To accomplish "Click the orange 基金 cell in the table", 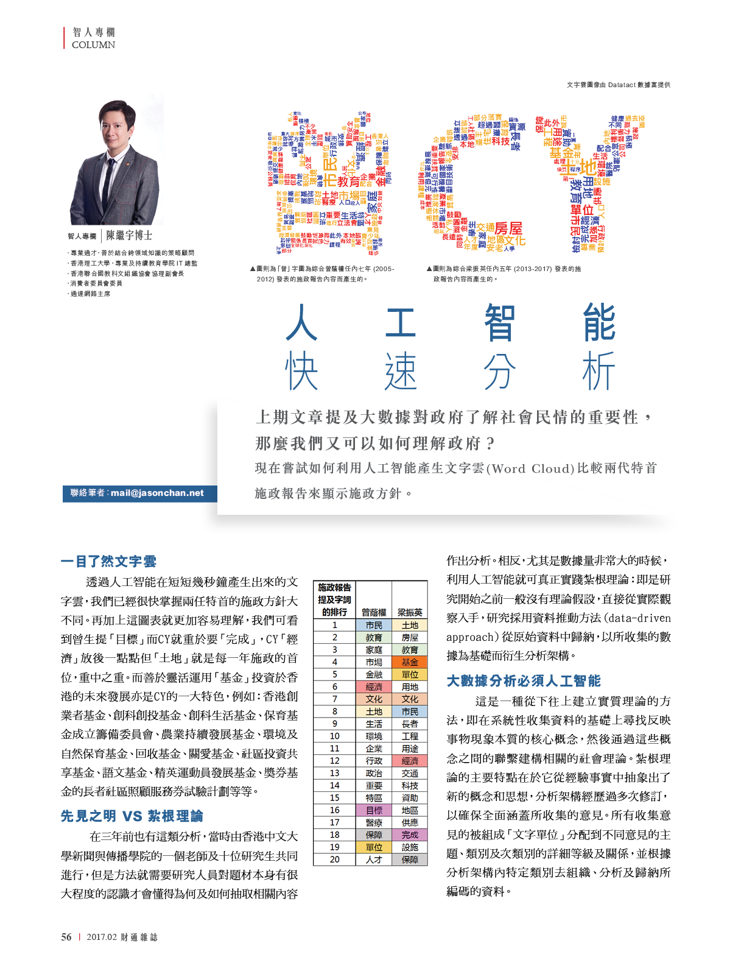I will click(x=410, y=662).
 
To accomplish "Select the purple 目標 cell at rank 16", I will click(x=374, y=810).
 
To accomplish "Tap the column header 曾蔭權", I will click(x=374, y=612).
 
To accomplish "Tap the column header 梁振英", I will click(x=410, y=612).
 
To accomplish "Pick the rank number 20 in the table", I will click(x=334, y=860).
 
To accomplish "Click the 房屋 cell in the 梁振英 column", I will click(x=410, y=637).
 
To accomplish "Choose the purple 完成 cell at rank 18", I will click(x=410, y=835).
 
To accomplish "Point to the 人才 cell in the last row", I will click(x=374, y=860).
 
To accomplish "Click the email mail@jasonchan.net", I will click(x=157, y=493).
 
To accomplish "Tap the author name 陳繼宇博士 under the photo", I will click(x=129, y=235).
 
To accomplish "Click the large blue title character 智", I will click(x=499, y=322).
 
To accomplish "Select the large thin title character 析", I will click(x=599, y=372).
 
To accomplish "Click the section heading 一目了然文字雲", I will click(x=108, y=561).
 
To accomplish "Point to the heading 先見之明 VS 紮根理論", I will click(x=132, y=816).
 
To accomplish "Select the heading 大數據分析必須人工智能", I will click(x=523, y=680).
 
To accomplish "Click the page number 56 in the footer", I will click(x=66, y=937).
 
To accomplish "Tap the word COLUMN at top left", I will click(x=93, y=45).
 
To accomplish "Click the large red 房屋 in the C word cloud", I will click(x=508, y=228).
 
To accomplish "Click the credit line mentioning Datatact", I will click(x=618, y=85).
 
